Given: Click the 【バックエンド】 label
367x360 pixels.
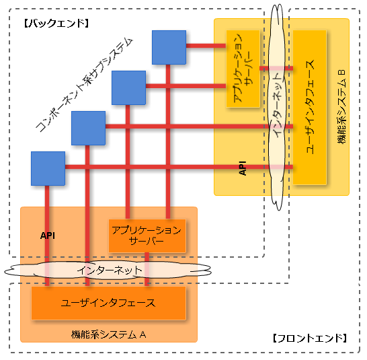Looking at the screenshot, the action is pos(56,24).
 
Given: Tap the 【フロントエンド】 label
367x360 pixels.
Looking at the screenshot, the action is pos(310,338).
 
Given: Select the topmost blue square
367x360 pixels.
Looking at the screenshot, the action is pos(169,47).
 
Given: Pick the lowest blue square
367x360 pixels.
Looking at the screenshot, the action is pos(48,168).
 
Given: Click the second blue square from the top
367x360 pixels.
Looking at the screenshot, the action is pos(129,87).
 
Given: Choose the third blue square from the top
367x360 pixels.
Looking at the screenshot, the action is pos(88,129).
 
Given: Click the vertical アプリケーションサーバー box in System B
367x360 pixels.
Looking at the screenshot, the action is pos(243,69).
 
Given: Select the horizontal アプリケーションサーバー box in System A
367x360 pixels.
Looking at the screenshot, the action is pos(147,236).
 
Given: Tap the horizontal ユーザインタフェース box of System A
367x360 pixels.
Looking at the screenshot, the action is pos(109,303).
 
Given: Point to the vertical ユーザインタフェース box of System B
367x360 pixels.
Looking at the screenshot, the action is pos(310,107).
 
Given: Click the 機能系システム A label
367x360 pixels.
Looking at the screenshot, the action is pos(109,334).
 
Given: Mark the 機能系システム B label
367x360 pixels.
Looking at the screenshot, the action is pos(341,106).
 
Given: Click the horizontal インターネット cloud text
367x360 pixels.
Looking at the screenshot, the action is pos(110,271).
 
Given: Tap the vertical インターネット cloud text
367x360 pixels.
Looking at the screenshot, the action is pos(278,104).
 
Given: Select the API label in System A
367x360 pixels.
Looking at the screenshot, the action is pos(48,236).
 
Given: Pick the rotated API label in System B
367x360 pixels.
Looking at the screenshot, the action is pos(243,168).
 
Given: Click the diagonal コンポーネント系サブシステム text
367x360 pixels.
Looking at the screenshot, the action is pos(84,85).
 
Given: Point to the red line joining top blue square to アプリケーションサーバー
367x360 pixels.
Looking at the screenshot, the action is pos(206,46).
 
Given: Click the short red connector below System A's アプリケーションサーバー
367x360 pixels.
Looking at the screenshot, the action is pos(147,269).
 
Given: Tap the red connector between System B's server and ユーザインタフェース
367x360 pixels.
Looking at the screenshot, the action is pos(276,69).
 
